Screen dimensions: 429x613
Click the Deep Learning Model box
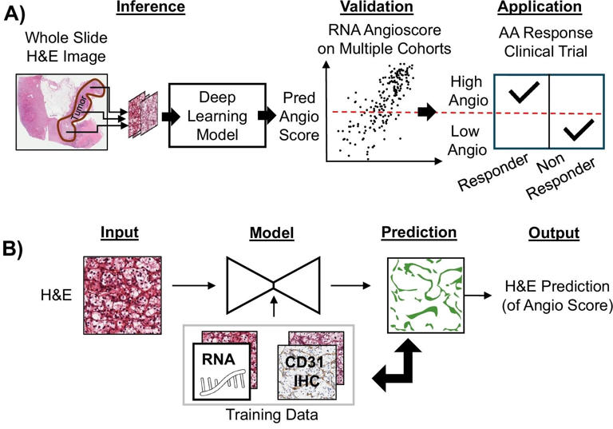(x=214, y=117)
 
